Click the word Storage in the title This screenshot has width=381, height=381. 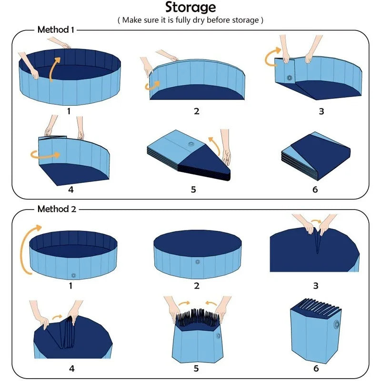tap(190, 8)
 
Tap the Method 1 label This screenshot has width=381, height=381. tap(56, 30)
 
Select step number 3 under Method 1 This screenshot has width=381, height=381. tap(321, 111)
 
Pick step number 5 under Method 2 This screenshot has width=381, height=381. tap(196, 368)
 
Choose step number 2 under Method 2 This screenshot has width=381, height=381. tap(197, 286)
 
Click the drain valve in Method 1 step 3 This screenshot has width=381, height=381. tap(289, 78)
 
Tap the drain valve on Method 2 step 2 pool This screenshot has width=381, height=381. tap(197, 261)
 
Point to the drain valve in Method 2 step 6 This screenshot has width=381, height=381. tap(337, 326)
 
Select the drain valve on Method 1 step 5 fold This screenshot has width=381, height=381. tap(192, 144)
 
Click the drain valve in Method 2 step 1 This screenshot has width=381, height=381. tap(73, 275)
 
